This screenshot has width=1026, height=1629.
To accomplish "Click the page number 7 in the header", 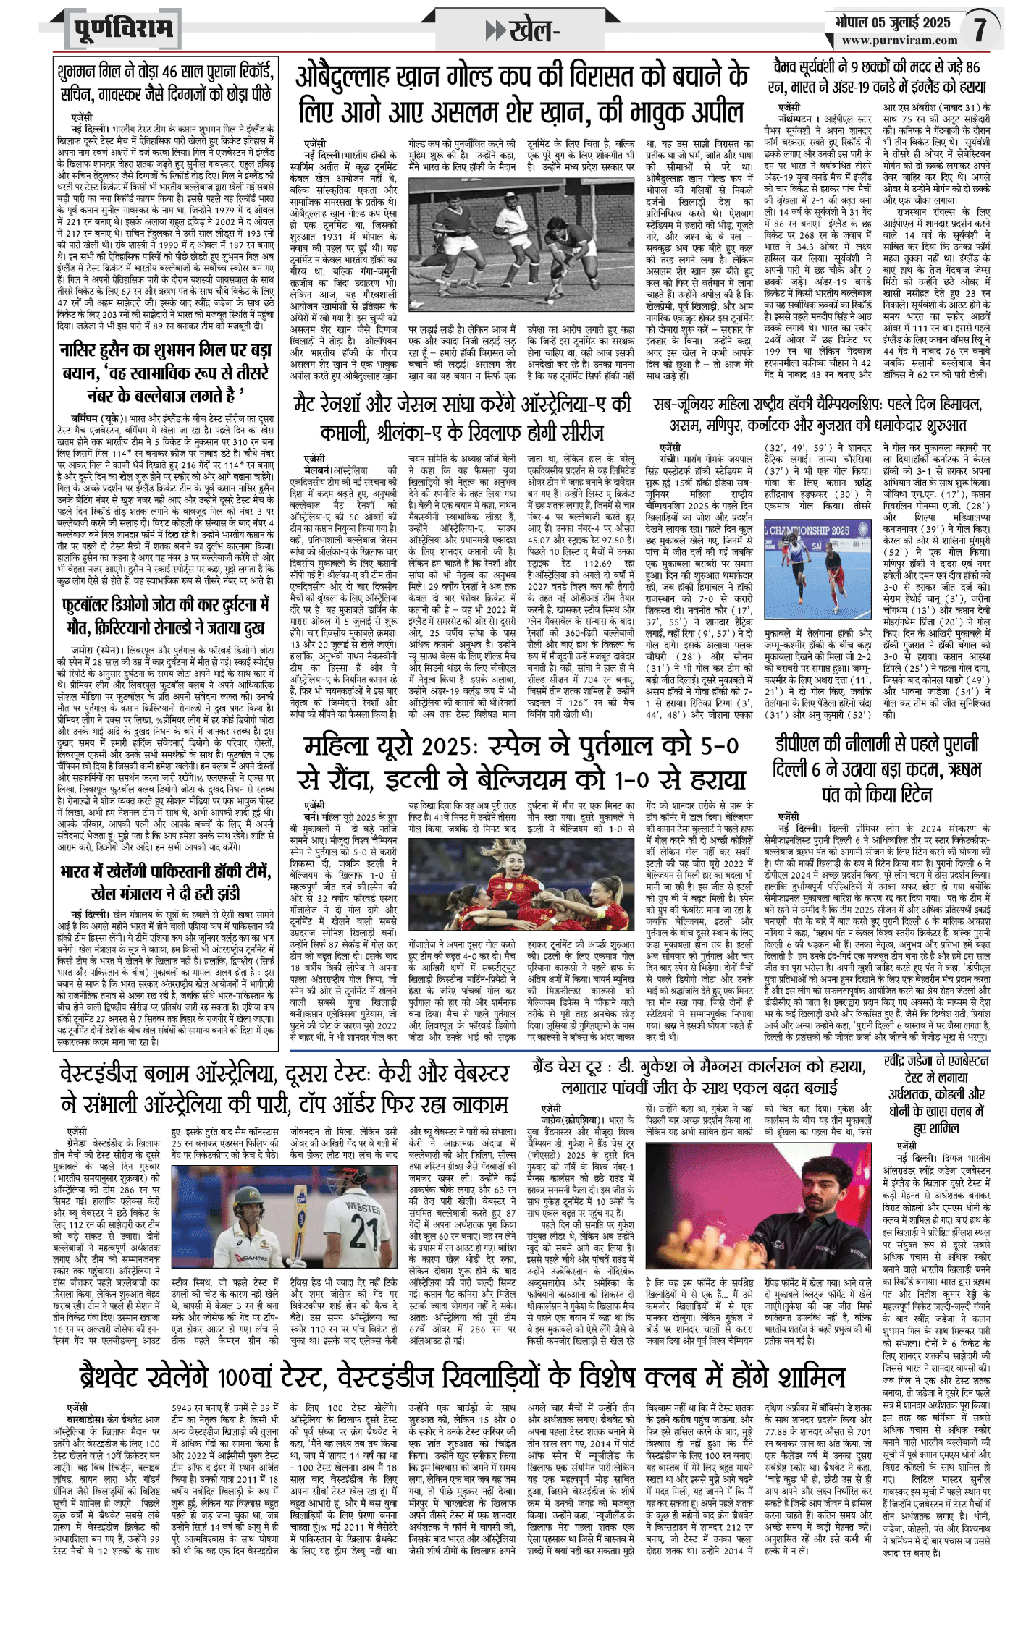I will [x=979, y=30].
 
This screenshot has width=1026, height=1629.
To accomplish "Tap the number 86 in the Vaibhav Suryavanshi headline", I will [x=972, y=67].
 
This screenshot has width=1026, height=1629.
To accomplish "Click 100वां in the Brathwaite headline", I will [x=271, y=1377].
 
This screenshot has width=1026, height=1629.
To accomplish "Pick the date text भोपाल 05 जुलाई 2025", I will [x=892, y=22].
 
